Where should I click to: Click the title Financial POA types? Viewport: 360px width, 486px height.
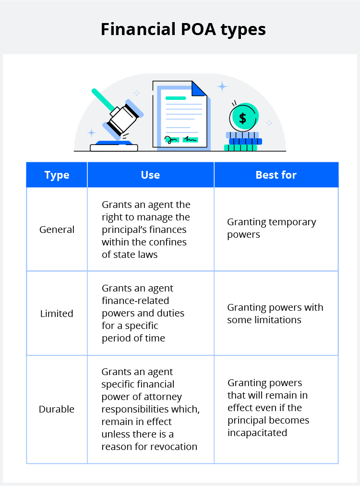click(183, 29)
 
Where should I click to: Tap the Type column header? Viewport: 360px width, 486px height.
click(57, 175)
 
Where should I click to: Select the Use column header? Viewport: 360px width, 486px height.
click(150, 175)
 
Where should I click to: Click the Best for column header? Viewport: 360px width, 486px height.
click(276, 175)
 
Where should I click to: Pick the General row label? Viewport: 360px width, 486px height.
click(57, 230)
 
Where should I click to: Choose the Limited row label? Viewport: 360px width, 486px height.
click(57, 314)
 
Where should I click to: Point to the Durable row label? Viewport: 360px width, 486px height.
click(57, 409)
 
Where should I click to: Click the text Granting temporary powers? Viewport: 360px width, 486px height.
click(271, 228)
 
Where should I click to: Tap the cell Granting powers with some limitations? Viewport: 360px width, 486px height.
click(275, 313)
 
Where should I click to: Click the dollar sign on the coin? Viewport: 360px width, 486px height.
click(243, 118)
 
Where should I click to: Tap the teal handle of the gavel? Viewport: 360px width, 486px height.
click(103, 99)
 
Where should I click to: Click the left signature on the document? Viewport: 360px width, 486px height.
click(172, 139)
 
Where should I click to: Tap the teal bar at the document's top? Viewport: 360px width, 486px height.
click(176, 98)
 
